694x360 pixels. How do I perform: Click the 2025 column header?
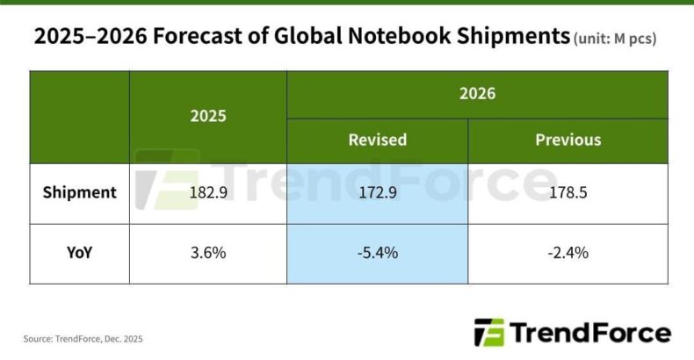tap(208, 116)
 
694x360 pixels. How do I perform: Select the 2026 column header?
tap(477, 94)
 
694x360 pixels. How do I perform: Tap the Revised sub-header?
tap(377, 140)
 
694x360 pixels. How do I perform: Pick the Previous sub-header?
tap(567, 140)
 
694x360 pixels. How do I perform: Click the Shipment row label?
tap(79, 192)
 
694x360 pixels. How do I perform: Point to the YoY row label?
tap(79, 253)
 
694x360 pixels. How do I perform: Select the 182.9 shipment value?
tap(208, 192)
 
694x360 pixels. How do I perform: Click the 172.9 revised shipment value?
tap(377, 192)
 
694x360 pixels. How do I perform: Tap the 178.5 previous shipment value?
tap(567, 192)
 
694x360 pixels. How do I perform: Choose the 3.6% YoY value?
tap(208, 253)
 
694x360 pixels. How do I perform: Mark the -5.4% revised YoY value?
tap(377, 253)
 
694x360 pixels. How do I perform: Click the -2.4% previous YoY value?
tap(567, 253)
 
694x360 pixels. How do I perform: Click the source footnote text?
tap(83, 338)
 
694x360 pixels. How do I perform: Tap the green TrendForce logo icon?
tap(489, 333)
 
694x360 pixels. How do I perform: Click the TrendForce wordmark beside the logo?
tap(589, 333)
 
